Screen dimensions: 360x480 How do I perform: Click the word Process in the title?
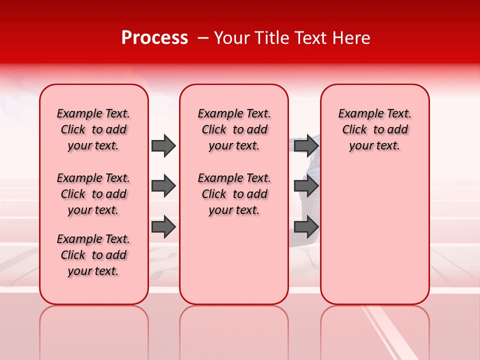click(154, 38)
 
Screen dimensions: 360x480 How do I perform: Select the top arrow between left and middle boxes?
click(163, 145)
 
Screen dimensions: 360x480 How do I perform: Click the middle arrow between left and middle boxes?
click(163, 186)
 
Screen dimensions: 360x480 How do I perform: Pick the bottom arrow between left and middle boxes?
click(163, 227)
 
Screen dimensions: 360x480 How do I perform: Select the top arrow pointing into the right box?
click(306, 145)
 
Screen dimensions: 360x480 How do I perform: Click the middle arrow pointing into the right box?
click(306, 186)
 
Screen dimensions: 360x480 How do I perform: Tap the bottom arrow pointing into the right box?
click(306, 227)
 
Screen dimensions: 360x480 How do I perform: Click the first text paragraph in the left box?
click(93, 129)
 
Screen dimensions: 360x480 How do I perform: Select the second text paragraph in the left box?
click(93, 194)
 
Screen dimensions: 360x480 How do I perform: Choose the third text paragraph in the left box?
click(93, 255)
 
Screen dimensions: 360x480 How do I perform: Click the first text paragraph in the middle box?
click(234, 129)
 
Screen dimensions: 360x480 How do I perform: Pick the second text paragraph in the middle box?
click(234, 194)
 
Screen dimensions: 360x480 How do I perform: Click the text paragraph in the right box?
click(374, 129)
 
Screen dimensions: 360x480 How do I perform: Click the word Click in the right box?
click(354, 130)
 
